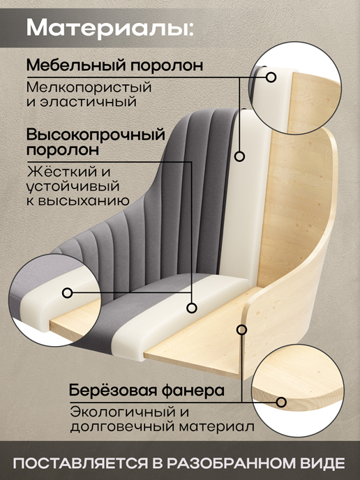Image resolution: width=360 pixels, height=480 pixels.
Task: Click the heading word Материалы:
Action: coord(110,28)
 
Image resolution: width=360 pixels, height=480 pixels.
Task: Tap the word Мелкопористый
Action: coord(89,87)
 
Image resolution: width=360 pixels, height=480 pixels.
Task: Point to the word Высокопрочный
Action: coord(96,135)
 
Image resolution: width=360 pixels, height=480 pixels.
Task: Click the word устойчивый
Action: coord(73,186)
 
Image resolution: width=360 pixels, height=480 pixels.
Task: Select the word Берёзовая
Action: coord(112,390)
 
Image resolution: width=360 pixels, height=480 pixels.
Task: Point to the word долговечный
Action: coord(123,427)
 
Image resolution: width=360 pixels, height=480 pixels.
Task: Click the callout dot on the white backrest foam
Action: coord(239,156)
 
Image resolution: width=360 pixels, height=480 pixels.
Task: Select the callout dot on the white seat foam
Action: coord(192,308)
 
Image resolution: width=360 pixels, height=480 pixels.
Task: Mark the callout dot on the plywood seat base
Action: coord(242,330)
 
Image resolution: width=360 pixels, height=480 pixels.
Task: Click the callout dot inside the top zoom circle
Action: coord(271,77)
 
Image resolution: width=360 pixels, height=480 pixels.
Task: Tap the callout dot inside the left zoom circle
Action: coord(68,293)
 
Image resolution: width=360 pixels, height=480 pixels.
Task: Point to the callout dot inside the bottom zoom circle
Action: coord(281,402)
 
